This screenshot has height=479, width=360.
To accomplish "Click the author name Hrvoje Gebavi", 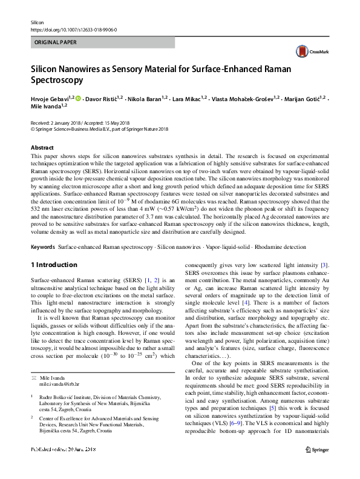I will (49, 98).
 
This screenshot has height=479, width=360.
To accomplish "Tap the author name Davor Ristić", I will (103, 98).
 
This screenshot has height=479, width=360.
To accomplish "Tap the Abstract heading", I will (42, 147).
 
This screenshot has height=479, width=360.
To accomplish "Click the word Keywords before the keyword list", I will (42, 248).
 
